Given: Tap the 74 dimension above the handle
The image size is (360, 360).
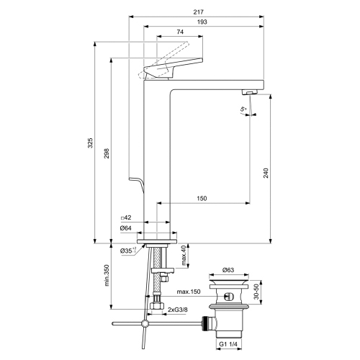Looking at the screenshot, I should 179,32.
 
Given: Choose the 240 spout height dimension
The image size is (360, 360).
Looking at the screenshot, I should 266,174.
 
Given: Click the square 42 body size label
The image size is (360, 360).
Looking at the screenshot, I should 126,218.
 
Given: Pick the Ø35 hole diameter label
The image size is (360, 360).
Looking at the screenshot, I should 127,251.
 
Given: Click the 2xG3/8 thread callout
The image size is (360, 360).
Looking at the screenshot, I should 178,310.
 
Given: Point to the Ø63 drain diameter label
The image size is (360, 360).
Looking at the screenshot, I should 228,270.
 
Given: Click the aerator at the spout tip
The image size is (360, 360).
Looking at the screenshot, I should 248,92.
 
